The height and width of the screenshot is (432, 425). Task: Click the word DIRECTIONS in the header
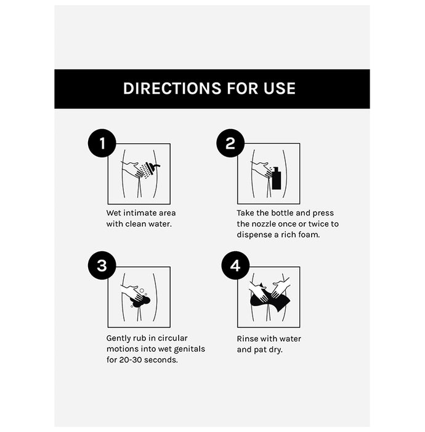coord(172,88)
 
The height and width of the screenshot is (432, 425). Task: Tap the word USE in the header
coord(280,88)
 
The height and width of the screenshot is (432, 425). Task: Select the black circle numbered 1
coord(102,143)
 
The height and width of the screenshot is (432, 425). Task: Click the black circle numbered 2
coord(230,143)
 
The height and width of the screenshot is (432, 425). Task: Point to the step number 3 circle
coord(102,265)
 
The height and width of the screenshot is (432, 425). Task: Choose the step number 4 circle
coord(235,265)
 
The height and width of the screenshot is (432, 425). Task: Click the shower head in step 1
coord(152,167)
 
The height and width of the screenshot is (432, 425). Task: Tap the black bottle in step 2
coord(276,178)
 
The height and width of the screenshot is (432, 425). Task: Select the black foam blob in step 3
coord(140,301)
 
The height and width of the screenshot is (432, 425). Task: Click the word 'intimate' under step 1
coord(141,213)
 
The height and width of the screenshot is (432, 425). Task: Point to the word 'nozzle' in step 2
coord(262,224)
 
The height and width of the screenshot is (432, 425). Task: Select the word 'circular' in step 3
coord(172,338)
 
